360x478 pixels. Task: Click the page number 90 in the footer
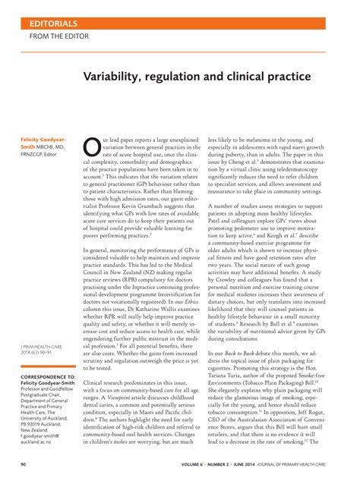24,464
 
